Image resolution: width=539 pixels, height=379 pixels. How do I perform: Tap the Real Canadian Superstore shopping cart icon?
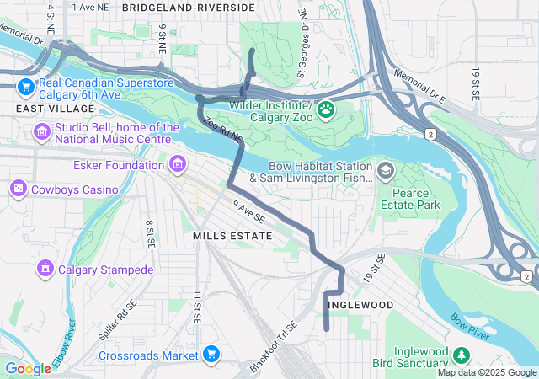[x=25, y=86]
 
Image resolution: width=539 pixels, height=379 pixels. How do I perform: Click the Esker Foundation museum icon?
[x=177, y=164]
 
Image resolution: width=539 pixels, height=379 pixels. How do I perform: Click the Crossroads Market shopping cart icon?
[x=212, y=355]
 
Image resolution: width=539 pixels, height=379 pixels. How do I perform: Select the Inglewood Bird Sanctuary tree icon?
[x=461, y=355]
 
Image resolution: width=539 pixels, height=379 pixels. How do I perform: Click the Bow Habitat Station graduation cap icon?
[x=385, y=171]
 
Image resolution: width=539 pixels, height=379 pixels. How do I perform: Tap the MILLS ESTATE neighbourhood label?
[x=232, y=236]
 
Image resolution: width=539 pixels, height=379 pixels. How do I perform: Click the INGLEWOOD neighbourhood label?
[x=360, y=304]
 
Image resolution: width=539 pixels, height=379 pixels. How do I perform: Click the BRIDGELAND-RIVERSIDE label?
[x=188, y=7]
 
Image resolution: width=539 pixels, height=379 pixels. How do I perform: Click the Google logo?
[x=28, y=369]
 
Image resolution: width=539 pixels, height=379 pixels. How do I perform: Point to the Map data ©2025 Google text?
[x=487, y=373]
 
